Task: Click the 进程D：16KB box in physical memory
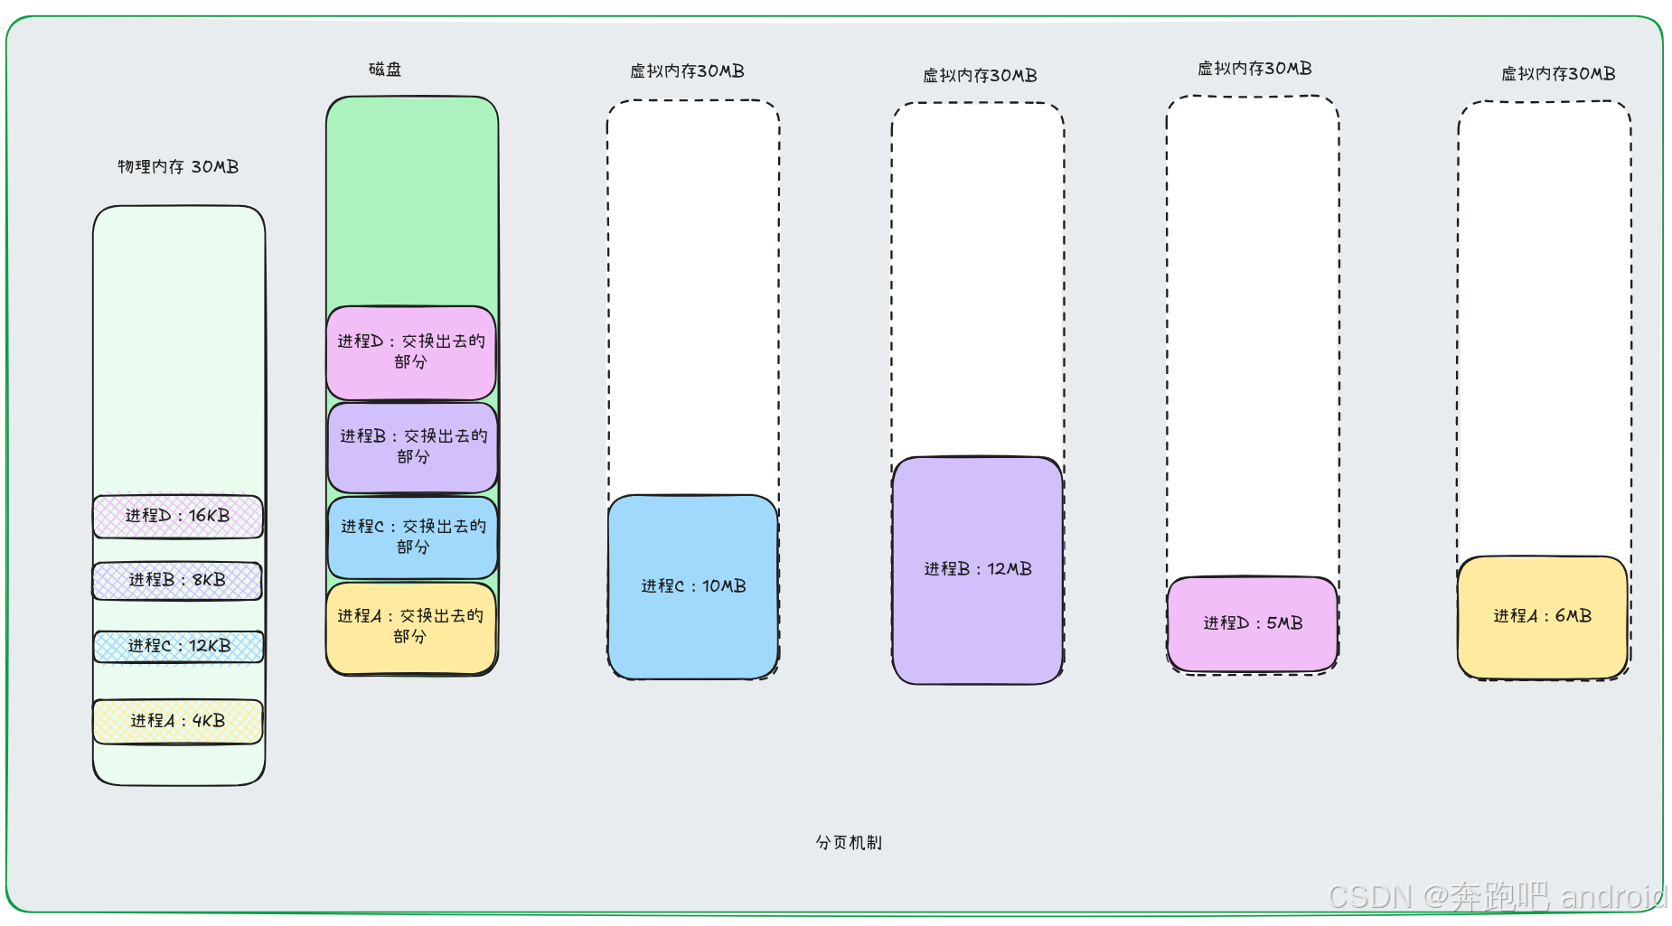coord(178,516)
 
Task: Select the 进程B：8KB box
coord(177,580)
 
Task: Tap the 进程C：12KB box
coord(179,646)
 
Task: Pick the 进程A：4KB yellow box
coord(178,721)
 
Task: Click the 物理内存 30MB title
coord(178,167)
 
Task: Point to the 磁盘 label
coord(385,70)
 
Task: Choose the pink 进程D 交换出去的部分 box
coord(411,352)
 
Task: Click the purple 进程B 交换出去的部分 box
coord(413,447)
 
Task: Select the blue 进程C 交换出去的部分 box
coord(413,537)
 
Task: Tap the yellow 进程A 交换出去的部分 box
coord(411,627)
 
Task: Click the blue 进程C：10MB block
coord(693,586)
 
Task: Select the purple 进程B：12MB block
coord(977,569)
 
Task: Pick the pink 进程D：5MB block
coord(1253,623)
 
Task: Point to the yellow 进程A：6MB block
coord(1542,616)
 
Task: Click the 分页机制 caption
coord(849,843)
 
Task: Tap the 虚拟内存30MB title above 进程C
coord(687,71)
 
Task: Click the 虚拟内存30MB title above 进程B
coord(980,76)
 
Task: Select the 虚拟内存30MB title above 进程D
coord(1254,69)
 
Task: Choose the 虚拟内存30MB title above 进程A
coord(1558,74)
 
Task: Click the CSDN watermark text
coord(1496,896)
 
